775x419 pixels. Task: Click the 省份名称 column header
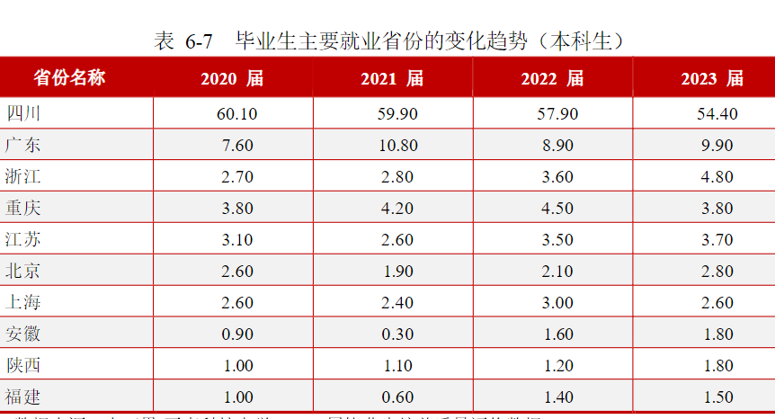[x=69, y=78]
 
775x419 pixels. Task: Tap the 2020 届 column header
[x=232, y=79]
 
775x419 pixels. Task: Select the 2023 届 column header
[x=712, y=79]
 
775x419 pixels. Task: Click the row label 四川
[x=22, y=113]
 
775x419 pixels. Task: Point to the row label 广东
[x=22, y=145]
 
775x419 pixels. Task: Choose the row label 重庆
[x=22, y=209]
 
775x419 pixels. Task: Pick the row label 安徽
[x=22, y=334]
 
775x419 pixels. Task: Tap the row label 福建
[x=22, y=397]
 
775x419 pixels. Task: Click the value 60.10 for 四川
[x=236, y=114]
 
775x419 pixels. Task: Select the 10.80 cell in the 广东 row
[x=397, y=146]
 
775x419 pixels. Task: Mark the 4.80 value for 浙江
[x=717, y=177]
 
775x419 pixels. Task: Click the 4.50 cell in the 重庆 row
[x=557, y=209]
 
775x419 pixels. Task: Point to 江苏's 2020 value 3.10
[x=236, y=240]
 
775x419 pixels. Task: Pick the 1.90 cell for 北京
[x=397, y=272]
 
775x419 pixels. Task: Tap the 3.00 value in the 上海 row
[x=557, y=303]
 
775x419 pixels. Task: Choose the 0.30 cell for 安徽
[x=397, y=334]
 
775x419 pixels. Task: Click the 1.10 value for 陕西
[x=397, y=366]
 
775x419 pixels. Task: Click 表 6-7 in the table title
[x=183, y=40]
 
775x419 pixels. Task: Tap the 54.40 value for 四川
[x=717, y=114]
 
